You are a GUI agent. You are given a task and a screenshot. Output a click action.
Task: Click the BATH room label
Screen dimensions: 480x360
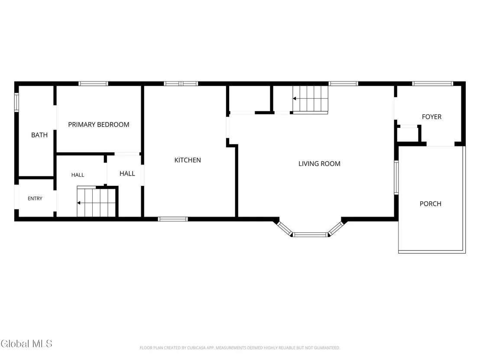pyautogui.click(x=39, y=135)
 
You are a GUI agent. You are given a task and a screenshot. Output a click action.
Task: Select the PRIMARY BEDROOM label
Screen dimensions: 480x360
pyautogui.click(x=99, y=125)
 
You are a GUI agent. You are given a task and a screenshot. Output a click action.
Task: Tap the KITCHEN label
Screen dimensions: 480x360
pyautogui.click(x=188, y=160)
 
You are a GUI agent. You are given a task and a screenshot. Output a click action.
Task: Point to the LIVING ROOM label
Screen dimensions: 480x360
pyautogui.click(x=319, y=164)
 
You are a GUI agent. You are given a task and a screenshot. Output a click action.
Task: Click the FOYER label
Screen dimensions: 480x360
pyautogui.click(x=431, y=117)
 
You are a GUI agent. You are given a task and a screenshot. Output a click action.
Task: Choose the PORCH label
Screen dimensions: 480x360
pyautogui.click(x=431, y=204)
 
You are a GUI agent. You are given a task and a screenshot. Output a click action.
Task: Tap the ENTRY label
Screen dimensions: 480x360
pyautogui.click(x=35, y=199)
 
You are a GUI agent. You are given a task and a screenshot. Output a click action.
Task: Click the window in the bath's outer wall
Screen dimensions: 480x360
pyautogui.click(x=16, y=103)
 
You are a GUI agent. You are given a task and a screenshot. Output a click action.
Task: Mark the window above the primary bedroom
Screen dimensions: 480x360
pyautogui.click(x=94, y=84)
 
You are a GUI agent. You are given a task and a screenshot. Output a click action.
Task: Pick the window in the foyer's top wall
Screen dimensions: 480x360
pyautogui.click(x=432, y=84)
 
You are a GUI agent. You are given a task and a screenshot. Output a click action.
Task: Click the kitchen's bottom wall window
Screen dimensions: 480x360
pyautogui.click(x=173, y=219)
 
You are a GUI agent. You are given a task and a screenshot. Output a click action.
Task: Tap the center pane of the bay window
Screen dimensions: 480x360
pyautogui.click(x=311, y=235)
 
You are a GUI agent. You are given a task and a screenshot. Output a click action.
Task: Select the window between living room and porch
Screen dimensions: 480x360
pyautogui.click(x=396, y=178)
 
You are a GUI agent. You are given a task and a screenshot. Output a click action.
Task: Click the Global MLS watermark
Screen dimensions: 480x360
pyautogui.click(x=26, y=344)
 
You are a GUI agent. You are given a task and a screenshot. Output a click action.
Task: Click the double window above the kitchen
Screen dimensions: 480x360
pyautogui.click(x=181, y=84)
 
